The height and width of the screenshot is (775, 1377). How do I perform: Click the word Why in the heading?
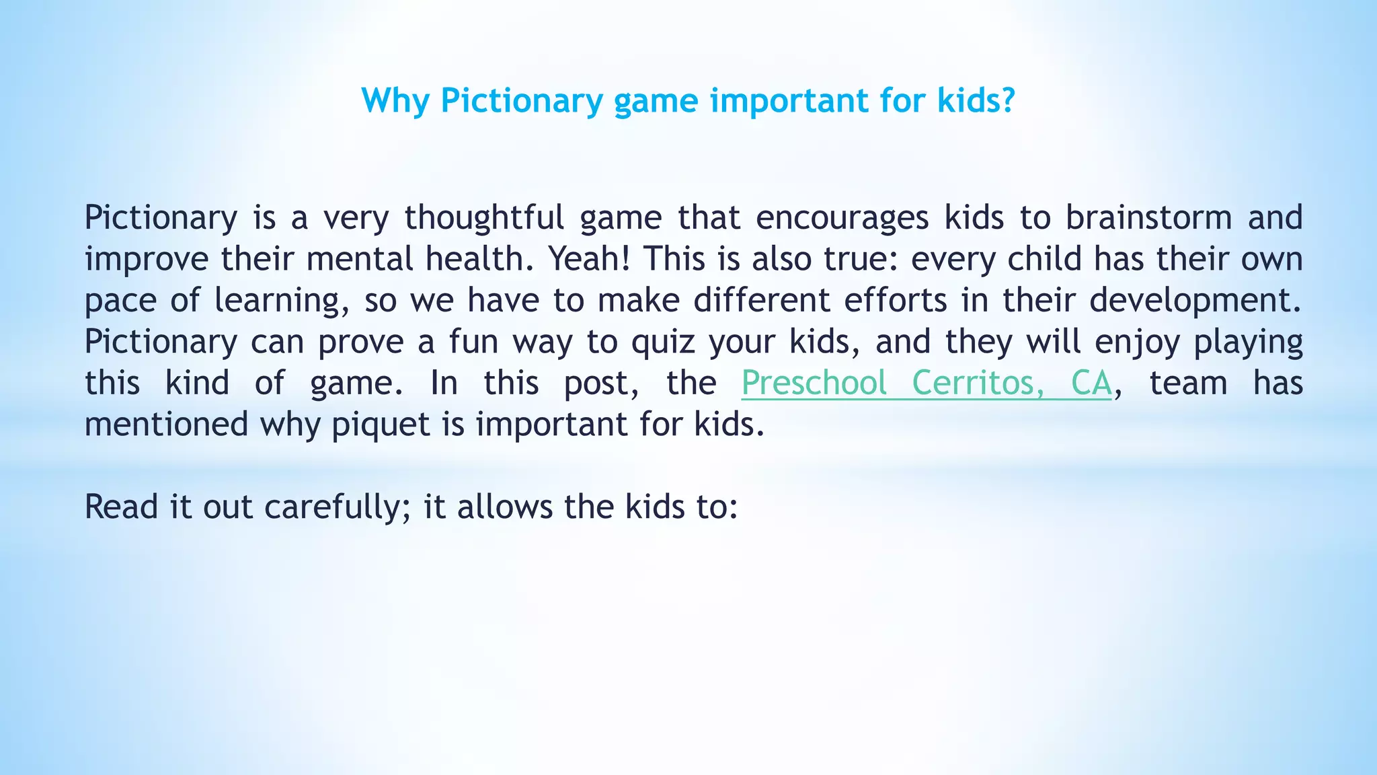395,101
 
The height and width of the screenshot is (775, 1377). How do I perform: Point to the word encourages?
842,218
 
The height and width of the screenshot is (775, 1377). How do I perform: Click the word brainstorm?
1148,218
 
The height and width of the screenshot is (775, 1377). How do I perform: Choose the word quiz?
663,342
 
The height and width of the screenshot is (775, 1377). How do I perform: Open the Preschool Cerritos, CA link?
927,383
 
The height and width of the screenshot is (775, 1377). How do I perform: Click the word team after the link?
1188,383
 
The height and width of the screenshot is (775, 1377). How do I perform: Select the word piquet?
381,425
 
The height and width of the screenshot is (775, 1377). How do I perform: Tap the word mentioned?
167,425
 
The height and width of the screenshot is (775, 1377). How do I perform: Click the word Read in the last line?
121,507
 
